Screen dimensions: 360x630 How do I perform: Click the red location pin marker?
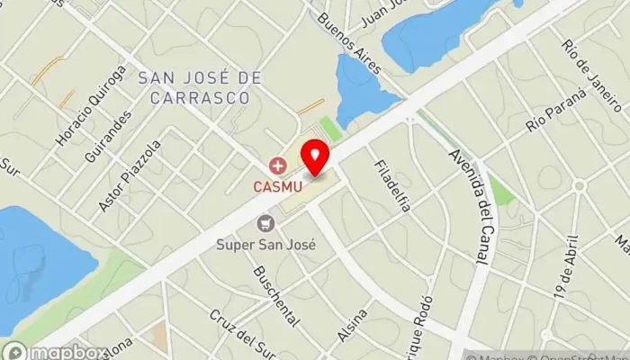(x=314, y=158)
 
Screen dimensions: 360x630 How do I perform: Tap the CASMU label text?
(x=275, y=186)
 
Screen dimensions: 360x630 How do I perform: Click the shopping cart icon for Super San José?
(x=265, y=223)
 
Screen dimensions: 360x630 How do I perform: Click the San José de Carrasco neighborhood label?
(x=200, y=87)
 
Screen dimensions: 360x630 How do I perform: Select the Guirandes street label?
(x=118, y=135)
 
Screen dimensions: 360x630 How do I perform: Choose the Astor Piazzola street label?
(x=130, y=176)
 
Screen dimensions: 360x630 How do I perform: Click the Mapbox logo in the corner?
(x=54, y=351)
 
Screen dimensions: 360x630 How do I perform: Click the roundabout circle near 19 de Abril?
(x=580, y=186)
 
